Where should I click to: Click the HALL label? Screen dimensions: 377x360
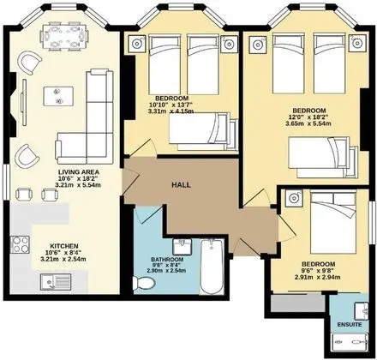(x=181, y=185)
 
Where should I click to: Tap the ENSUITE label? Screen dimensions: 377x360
(x=350, y=325)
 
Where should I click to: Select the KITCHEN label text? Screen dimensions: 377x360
(x=64, y=246)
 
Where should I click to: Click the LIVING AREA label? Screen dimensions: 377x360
(x=79, y=172)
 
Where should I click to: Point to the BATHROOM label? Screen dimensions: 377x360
(x=167, y=260)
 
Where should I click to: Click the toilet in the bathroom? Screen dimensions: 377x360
(x=144, y=283)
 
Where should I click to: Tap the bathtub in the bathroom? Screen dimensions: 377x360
(x=212, y=267)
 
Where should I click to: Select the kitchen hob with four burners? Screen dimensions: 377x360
(x=20, y=244)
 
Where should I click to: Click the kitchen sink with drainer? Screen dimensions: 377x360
(x=56, y=282)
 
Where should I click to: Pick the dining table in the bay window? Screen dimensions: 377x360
(x=64, y=37)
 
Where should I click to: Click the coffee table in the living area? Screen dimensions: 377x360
(x=58, y=96)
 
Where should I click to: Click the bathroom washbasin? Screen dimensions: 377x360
(x=183, y=247)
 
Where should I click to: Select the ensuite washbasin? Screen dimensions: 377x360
(x=362, y=311)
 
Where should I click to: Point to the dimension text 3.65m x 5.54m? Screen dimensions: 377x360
(x=308, y=123)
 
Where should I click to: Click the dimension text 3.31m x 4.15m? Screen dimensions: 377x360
(x=171, y=111)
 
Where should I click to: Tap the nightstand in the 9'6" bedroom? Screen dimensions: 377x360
(x=294, y=198)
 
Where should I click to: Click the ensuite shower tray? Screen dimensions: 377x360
(x=350, y=342)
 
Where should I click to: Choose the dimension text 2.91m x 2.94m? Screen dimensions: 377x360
(x=318, y=277)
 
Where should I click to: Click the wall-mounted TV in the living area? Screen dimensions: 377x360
(x=24, y=102)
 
